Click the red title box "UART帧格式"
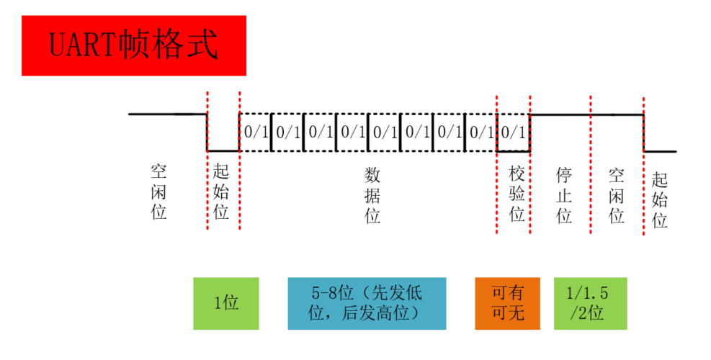click(133, 45)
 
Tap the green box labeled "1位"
click(225, 303)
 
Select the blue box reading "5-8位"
click(367, 303)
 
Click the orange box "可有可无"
click(507, 303)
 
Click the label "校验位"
click(517, 194)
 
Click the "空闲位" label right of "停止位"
click(617, 195)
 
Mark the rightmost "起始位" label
click(659, 199)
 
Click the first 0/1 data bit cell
click(255, 132)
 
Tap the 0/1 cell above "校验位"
click(513, 132)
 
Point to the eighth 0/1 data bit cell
click(480, 132)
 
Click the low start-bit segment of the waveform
click(223, 150)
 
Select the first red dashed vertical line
click(207, 158)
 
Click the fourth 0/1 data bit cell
click(352, 132)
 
